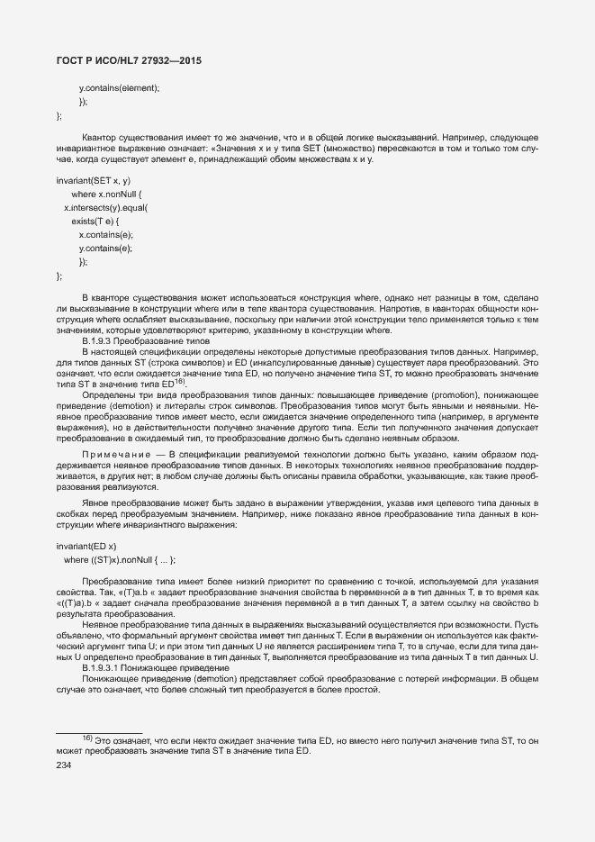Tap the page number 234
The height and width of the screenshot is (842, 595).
[x=64, y=765]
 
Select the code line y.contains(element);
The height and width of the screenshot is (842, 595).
[x=119, y=87]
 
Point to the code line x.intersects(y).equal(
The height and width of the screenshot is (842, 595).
[x=106, y=207]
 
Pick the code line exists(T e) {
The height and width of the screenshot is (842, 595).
[x=95, y=221]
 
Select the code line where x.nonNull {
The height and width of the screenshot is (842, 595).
[x=106, y=195]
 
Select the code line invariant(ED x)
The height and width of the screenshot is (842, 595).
[x=86, y=547]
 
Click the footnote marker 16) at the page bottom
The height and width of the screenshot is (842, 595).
[x=88, y=738]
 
